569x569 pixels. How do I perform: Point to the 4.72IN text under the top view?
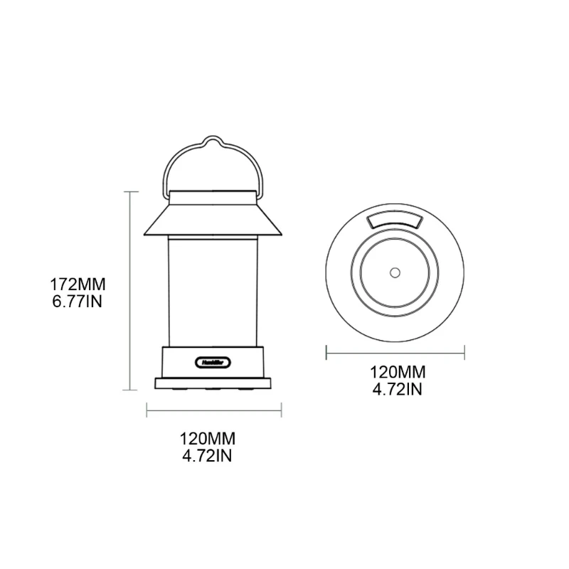(x=396, y=389)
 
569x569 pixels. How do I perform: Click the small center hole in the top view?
(x=394, y=272)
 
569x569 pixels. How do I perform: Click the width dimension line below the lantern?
(x=214, y=410)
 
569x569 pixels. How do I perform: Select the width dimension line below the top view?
(x=395, y=351)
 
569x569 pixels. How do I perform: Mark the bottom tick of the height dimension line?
(x=130, y=389)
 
